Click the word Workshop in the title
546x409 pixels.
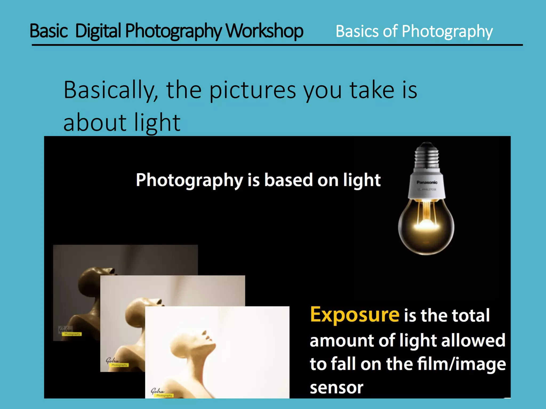tap(264, 31)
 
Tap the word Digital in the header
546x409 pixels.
tap(98, 31)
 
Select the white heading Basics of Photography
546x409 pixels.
tap(414, 32)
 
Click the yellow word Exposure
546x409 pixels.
tap(355, 315)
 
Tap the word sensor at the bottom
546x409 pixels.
tap(336, 388)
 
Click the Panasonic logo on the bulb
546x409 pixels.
tap(427, 182)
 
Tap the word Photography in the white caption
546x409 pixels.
tap(189, 181)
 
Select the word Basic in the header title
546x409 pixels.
tap(49, 31)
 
